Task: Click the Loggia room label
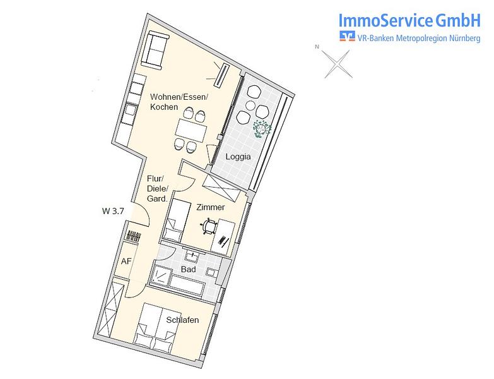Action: [x=238, y=157]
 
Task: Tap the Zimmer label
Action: [x=211, y=207]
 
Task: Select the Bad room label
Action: [x=189, y=269]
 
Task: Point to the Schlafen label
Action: [x=182, y=320]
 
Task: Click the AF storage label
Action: [x=126, y=261]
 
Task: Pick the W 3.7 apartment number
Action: [x=113, y=211]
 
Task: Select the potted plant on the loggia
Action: [x=262, y=129]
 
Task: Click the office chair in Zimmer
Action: [x=209, y=226]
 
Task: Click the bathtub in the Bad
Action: [x=187, y=285]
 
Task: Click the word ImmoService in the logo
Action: [x=385, y=20]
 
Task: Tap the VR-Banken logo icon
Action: [x=347, y=36]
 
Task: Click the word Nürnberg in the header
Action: [x=465, y=38]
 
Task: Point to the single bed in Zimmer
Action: [x=177, y=220]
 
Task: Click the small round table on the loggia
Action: [x=251, y=105]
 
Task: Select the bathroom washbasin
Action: [x=192, y=256]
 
